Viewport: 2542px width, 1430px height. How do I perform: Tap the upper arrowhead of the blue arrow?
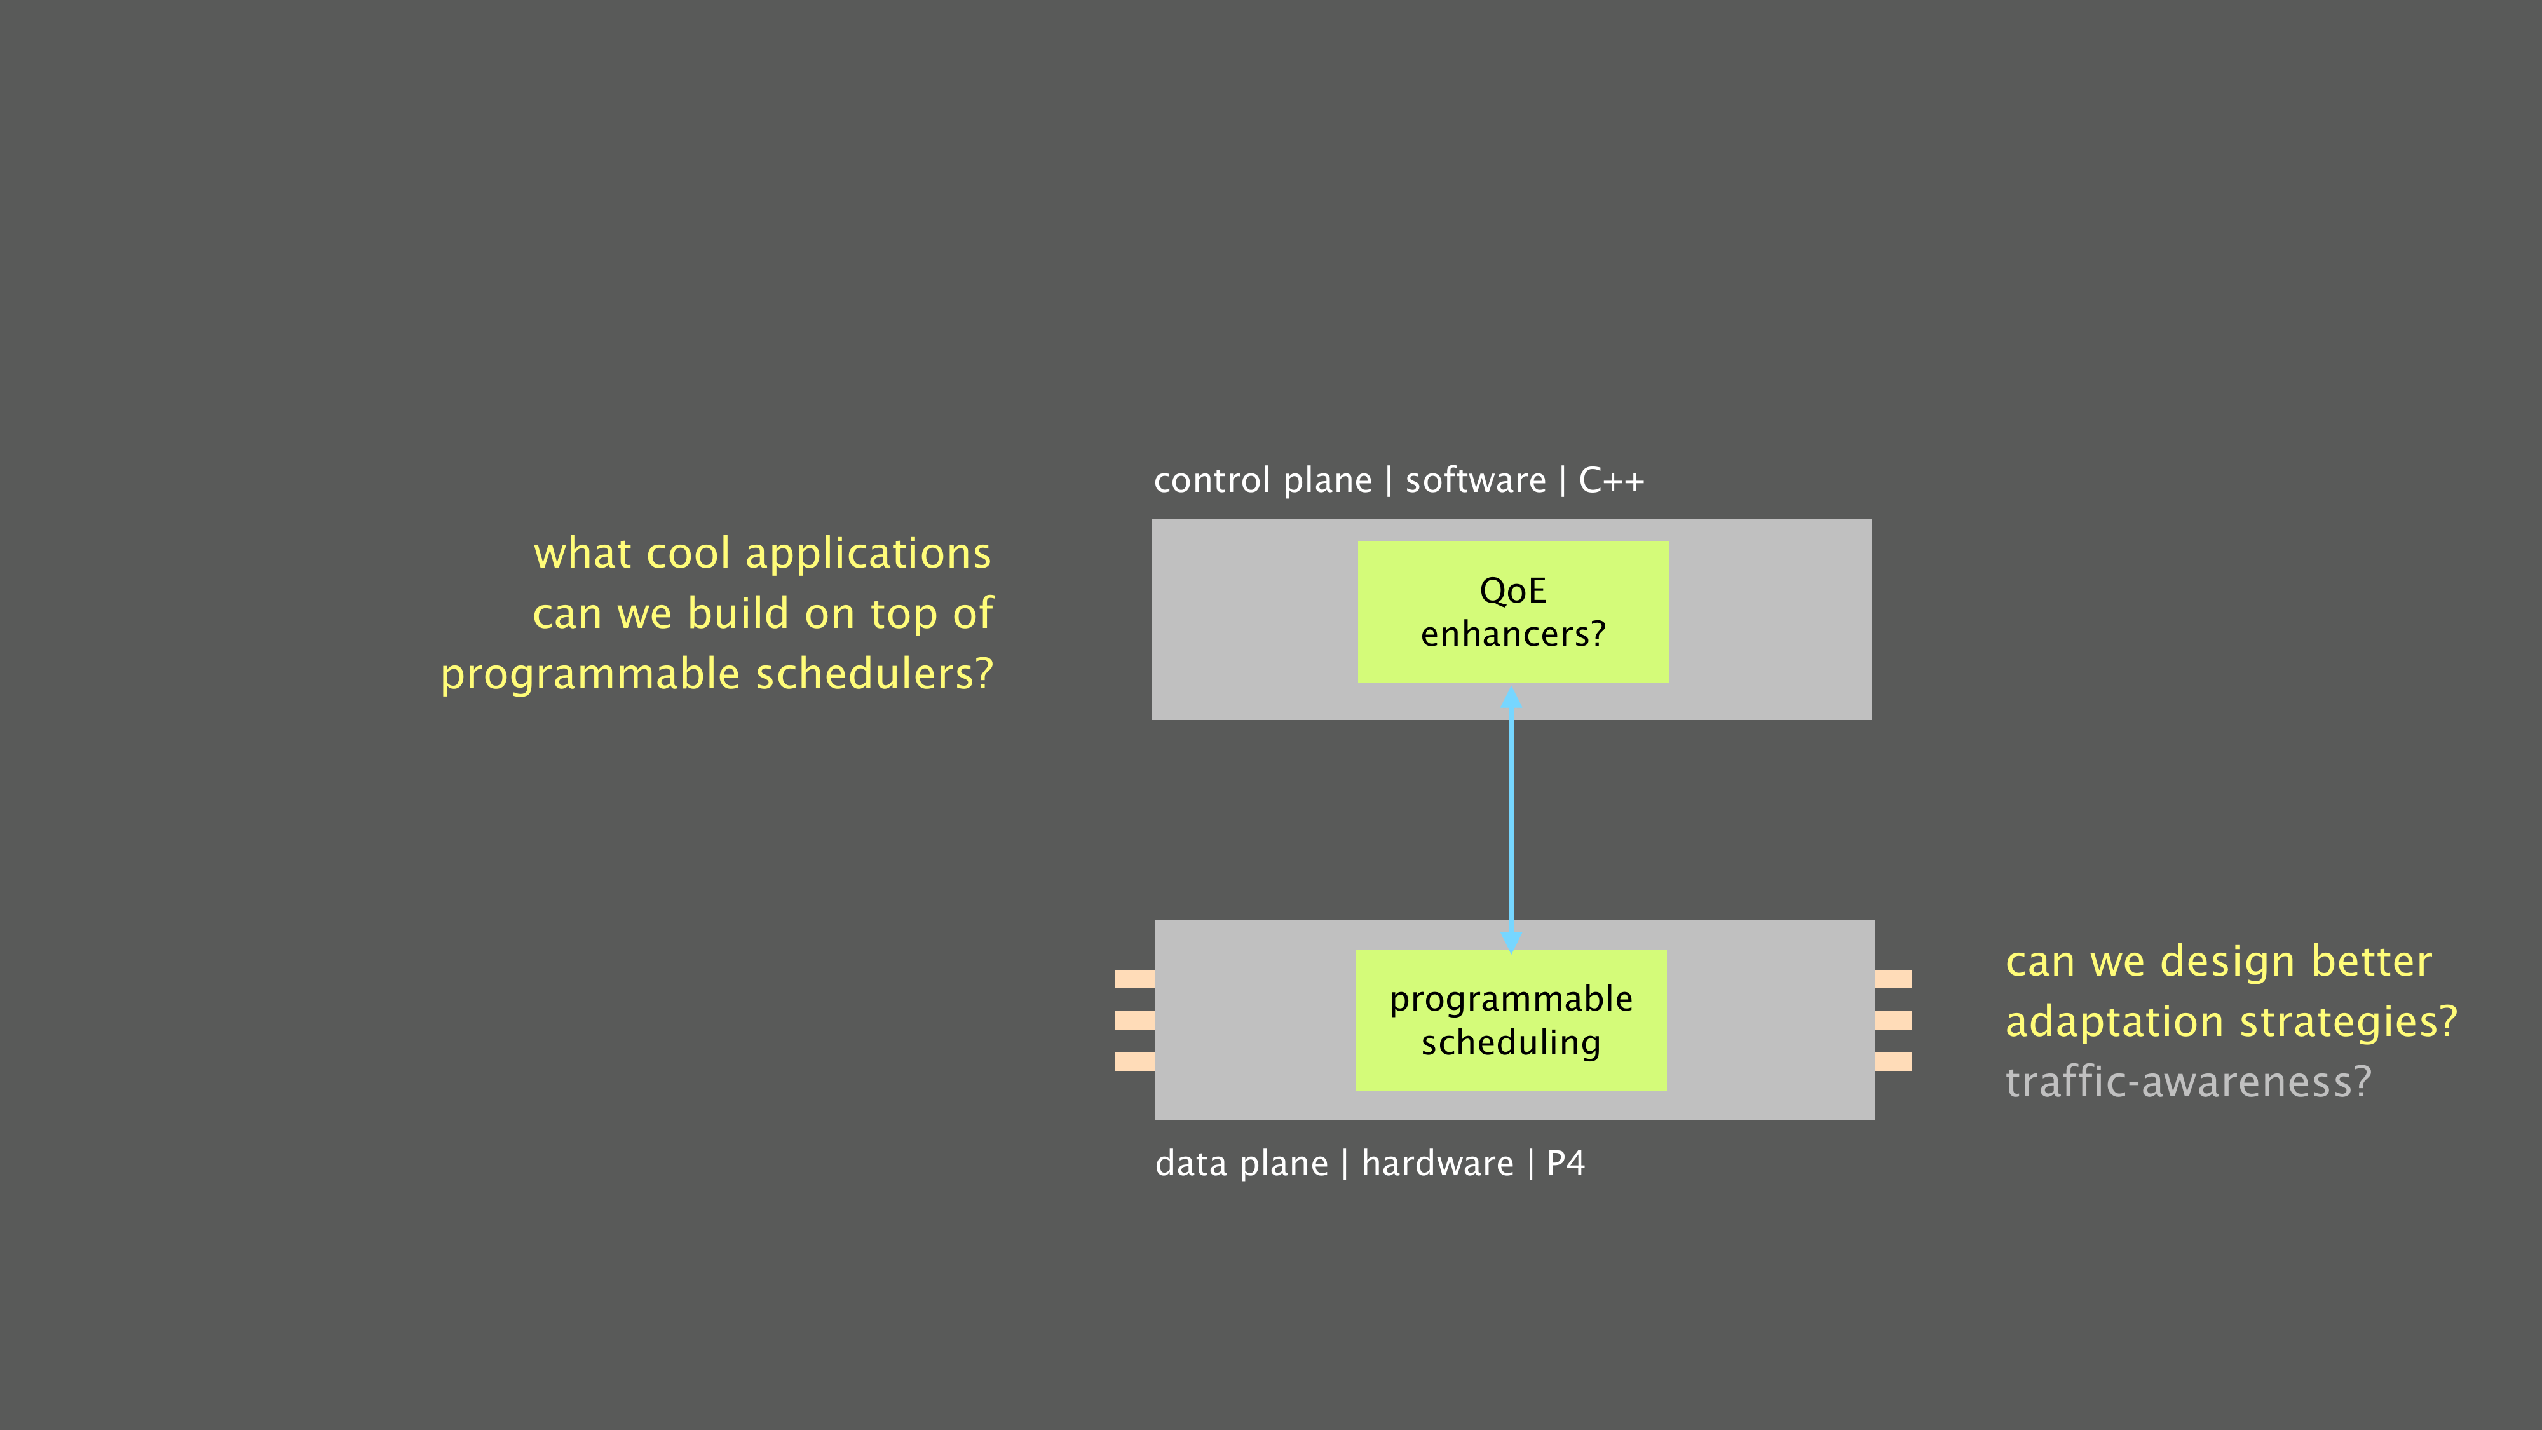pos(1511,698)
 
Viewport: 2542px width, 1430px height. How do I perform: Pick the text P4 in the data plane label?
pos(1565,1164)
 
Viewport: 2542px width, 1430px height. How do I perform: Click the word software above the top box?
pos(1475,480)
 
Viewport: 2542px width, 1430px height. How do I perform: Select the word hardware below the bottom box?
pos(1437,1164)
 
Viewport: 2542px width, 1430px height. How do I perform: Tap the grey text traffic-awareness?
pos(2188,1082)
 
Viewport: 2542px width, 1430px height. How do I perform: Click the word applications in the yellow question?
pos(868,554)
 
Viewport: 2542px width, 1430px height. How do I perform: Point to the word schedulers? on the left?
pos(874,674)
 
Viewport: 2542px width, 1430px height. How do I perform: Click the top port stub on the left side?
pos(1135,979)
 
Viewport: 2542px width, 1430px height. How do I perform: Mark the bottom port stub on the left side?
pos(1135,1061)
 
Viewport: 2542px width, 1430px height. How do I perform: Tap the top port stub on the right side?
pos(1893,979)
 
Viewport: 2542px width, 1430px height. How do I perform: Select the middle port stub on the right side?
pos(1893,1019)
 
